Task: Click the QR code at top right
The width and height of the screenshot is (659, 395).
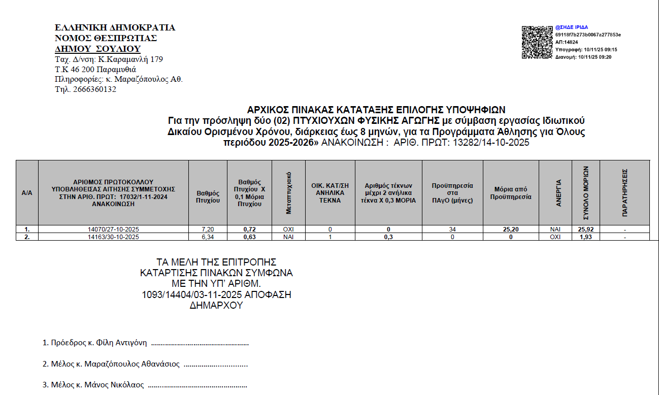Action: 537,42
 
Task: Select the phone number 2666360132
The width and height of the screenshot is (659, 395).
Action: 95,89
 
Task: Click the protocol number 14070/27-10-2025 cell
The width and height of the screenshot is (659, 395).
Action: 113,229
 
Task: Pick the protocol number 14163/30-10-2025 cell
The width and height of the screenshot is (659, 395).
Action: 113,237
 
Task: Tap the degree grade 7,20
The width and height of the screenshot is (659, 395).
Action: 208,229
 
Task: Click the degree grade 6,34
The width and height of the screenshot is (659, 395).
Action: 208,237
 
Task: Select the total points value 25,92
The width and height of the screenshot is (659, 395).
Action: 585,229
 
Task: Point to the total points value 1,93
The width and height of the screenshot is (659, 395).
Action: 585,237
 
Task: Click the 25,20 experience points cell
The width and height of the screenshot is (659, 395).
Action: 511,229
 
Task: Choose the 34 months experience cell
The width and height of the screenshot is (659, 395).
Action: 452,229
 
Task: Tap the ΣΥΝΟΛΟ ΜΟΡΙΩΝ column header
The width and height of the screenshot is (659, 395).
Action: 585,192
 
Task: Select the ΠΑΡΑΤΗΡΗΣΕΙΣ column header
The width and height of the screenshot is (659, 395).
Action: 624,192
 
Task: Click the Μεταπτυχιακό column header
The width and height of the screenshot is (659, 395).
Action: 288,192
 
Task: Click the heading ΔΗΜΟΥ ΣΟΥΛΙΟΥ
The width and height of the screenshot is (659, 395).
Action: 97,49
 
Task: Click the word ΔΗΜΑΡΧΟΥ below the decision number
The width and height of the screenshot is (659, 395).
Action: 216,306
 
